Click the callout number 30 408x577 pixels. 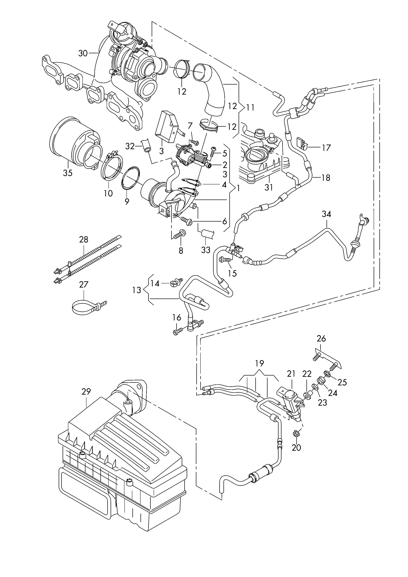pyautogui.click(x=83, y=53)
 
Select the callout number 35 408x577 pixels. pyautogui.click(x=68, y=173)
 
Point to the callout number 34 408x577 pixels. pyautogui.click(x=326, y=214)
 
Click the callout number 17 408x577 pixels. pyautogui.click(x=326, y=148)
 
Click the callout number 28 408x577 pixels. pyautogui.click(x=84, y=239)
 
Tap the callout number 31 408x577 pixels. pyautogui.click(x=268, y=187)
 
